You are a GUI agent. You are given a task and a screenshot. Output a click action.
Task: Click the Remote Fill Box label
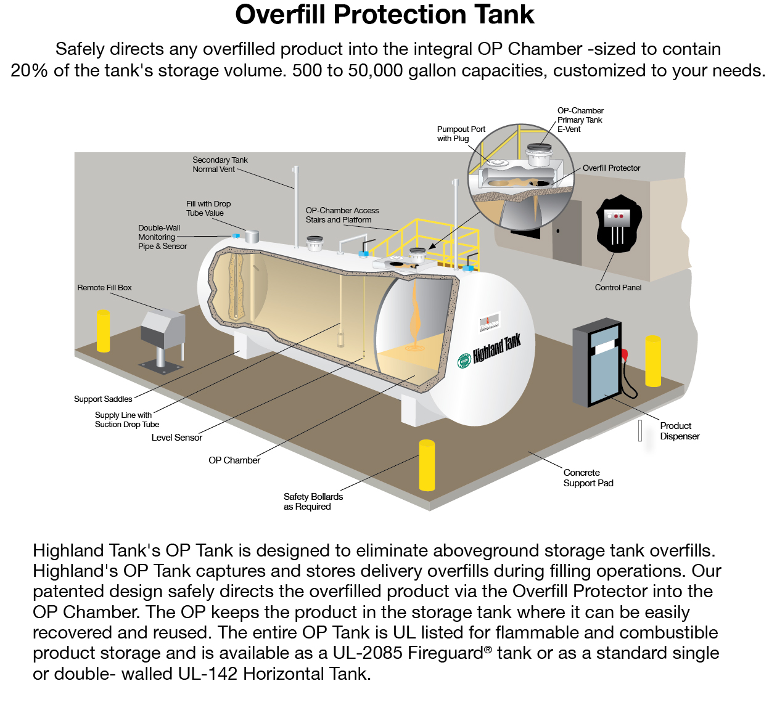[104, 288]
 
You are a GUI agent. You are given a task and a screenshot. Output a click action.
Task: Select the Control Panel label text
[618, 288]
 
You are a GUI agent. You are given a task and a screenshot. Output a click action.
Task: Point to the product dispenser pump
[598, 363]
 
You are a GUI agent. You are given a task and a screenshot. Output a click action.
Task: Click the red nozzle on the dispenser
[625, 354]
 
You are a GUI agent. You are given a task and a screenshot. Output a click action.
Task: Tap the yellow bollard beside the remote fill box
[103, 331]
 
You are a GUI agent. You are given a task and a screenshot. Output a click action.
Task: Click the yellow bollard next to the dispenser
[653, 361]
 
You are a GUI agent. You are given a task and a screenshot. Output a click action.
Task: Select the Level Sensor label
[177, 438]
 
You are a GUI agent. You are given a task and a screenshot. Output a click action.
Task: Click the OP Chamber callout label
[234, 460]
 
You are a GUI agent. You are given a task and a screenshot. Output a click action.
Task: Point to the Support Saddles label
[103, 399]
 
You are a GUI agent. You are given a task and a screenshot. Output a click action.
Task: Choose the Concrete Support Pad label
[588, 478]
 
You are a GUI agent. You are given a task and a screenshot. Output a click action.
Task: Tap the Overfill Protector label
[611, 168]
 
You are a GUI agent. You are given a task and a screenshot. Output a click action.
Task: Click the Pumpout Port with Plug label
[461, 134]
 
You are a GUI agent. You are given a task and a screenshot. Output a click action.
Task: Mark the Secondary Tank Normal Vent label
[220, 165]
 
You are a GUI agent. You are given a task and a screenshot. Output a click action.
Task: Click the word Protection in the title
[399, 15]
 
